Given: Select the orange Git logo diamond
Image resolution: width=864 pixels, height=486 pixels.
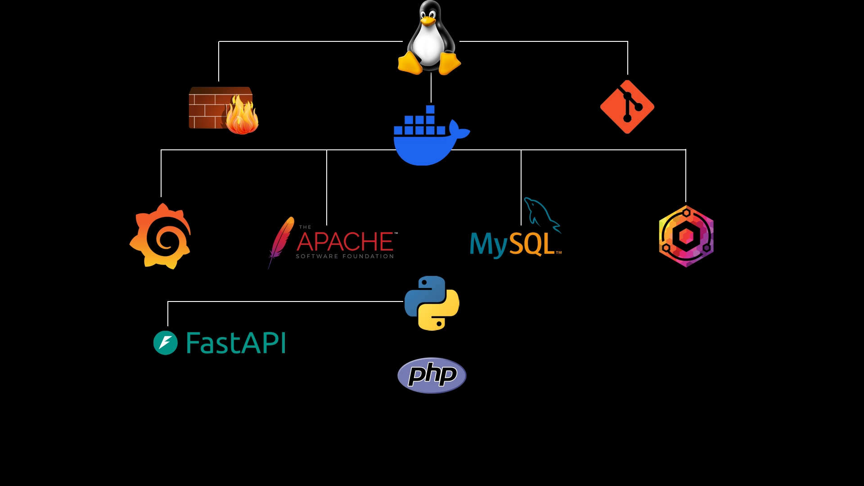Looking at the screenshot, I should click(x=627, y=107).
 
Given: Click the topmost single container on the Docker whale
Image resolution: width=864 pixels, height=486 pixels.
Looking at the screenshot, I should click(x=430, y=109).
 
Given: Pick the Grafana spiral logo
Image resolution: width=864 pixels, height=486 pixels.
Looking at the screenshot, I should click(x=161, y=237).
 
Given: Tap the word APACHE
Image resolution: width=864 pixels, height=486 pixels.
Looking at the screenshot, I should click(x=345, y=242).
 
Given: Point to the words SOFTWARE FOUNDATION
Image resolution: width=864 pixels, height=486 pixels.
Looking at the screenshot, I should click(x=345, y=256).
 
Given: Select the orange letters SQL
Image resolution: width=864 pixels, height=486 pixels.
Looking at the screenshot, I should click(x=532, y=244).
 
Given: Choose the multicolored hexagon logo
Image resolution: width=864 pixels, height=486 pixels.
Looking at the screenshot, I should click(x=686, y=236).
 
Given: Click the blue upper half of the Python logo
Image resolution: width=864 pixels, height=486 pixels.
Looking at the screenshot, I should click(x=423, y=292).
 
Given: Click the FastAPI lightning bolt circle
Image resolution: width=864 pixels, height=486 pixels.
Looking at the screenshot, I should click(x=166, y=343).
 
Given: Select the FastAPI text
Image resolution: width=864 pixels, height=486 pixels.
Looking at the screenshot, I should click(x=236, y=343).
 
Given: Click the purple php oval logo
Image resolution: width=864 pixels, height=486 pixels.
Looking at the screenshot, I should click(x=432, y=375).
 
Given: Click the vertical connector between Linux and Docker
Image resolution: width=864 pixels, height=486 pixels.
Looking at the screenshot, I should click(x=431, y=88).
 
